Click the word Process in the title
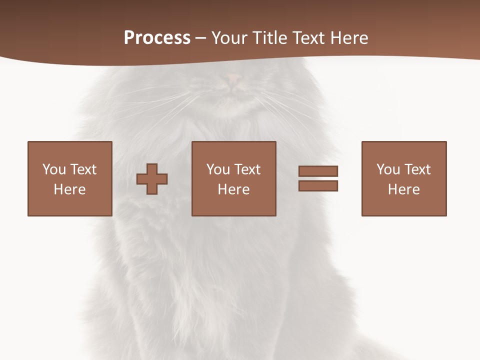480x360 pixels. pos(157,38)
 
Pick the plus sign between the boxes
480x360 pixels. pos(152,179)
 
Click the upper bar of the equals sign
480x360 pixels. pos(318,171)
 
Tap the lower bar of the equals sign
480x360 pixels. pos(318,186)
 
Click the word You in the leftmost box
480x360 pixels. pos(54,169)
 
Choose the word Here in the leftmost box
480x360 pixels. pos(69,189)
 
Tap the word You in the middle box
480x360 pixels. pos(218,169)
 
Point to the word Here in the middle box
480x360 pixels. pos(233,189)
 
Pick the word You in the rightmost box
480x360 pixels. pos(388,169)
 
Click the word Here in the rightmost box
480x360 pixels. pos(403,189)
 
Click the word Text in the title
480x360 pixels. pos(309,38)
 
